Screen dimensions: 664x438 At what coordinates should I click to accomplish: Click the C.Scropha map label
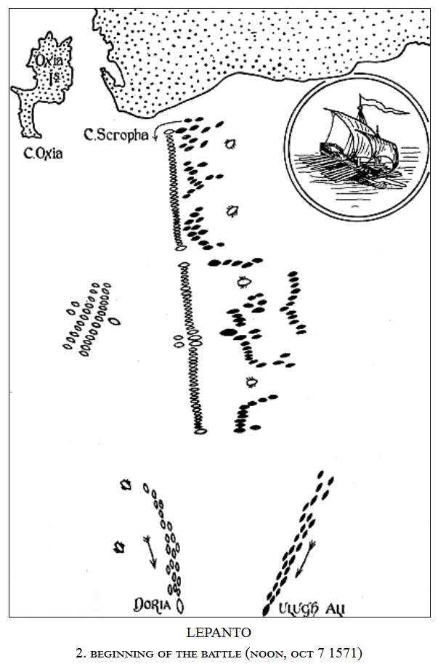(116, 134)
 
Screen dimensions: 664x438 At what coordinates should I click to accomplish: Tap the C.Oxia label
(44, 154)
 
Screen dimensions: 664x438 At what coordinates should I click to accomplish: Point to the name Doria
(153, 604)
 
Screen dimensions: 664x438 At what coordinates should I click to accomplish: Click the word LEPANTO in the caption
(219, 633)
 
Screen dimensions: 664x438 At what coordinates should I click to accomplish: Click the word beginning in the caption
(123, 652)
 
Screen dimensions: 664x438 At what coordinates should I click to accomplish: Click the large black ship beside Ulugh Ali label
(267, 607)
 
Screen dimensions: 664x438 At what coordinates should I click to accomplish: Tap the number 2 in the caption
(82, 652)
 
